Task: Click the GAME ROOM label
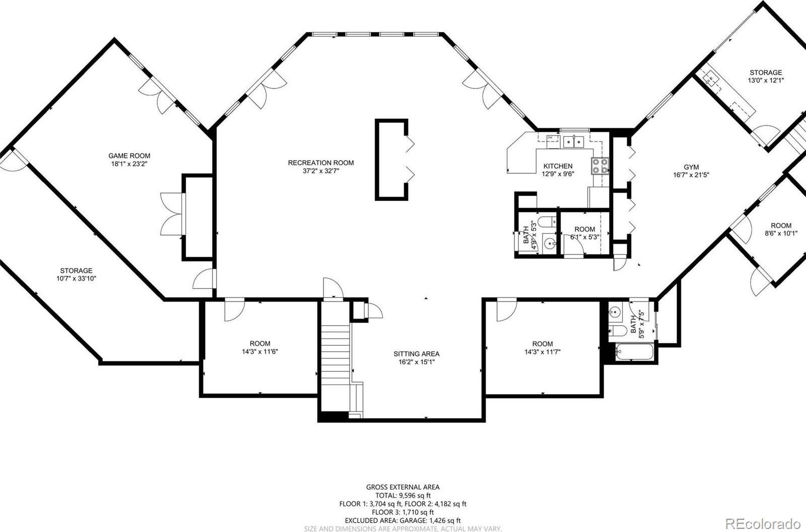(x=129, y=156)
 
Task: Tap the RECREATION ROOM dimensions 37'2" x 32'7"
(x=321, y=171)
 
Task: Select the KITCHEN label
(x=558, y=166)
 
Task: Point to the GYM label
(x=691, y=167)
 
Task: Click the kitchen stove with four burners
(x=600, y=166)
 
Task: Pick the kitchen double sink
(x=573, y=142)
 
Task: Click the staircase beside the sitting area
(x=335, y=360)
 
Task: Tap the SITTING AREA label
(x=416, y=354)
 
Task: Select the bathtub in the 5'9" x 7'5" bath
(x=634, y=352)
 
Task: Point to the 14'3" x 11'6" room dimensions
(x=260, y=351)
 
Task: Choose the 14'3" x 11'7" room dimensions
(x=542, y=351)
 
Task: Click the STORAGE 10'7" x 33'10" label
(x=76, y=274)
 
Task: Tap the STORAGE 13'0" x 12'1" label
(x=766, y=77)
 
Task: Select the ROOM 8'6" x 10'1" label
(x=781, y=230)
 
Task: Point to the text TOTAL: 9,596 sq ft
(x=403, y=495)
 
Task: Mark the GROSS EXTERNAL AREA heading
(x=403, y=487)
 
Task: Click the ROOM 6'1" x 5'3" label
(x=585, y=233)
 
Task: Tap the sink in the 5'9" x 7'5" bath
(x=616, y=311)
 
